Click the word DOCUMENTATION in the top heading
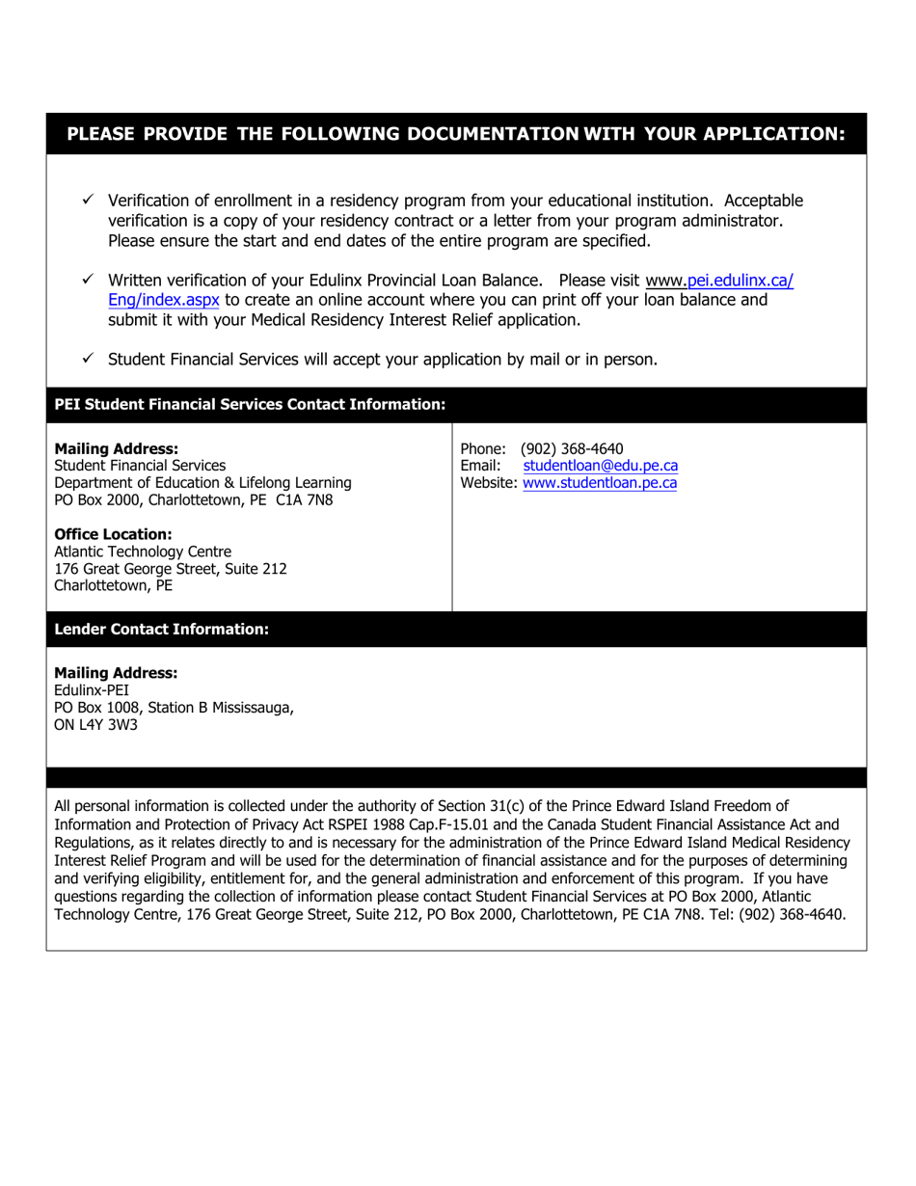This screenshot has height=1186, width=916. (x=493, y=134)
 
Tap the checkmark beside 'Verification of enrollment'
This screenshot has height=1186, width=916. (x=87, y=201)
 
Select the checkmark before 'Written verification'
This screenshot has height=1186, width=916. (x=87, y=280)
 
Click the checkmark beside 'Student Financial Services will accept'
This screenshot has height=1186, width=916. (x=87, y=359)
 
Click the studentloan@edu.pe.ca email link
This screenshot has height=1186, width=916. (x=600, y=466)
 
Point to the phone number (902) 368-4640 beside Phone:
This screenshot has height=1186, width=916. (x=572, y=448)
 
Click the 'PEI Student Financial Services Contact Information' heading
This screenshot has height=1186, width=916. (x=250, y=405)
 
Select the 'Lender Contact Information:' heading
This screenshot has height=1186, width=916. (x=161, y=630)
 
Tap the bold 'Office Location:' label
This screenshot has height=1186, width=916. (x=113, y=534)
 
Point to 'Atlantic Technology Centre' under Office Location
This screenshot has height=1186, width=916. (x=143, y=552)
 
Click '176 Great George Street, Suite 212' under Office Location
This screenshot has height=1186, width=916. (x=171, y=569)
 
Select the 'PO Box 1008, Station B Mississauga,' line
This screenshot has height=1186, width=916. (x=174, y=708)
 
